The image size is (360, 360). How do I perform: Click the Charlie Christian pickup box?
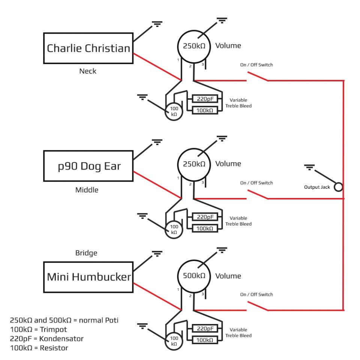click(88, 48)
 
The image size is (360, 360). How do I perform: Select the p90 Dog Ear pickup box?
click(88, 166)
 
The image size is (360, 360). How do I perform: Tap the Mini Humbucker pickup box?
click(88, 277)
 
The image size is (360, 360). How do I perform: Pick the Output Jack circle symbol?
click(338, 187)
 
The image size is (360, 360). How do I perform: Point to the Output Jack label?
click(317, 187)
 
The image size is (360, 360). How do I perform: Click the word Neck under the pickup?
click(88, 71)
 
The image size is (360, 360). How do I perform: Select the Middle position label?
click(87, 190)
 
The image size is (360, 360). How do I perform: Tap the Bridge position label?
click(86, 253)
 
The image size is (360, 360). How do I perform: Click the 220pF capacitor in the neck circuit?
click(205, 99)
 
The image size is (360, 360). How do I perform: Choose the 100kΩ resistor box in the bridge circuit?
click(205, 340)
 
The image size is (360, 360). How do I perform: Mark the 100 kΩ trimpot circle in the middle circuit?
click(174, 229)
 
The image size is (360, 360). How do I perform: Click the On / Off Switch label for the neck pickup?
click(256, 65)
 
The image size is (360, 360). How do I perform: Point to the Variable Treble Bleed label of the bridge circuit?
click(238, 332)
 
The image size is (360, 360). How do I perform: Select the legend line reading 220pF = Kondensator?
click(46, 339)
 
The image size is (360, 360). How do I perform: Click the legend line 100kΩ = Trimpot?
click(38, 330)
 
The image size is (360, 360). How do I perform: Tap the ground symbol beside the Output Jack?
click(309, 167)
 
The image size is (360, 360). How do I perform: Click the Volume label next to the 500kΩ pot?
click(228, 276)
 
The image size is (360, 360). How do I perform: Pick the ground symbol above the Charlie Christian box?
click(157, 24)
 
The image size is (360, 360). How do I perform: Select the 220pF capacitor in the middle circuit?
click(205, 217)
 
